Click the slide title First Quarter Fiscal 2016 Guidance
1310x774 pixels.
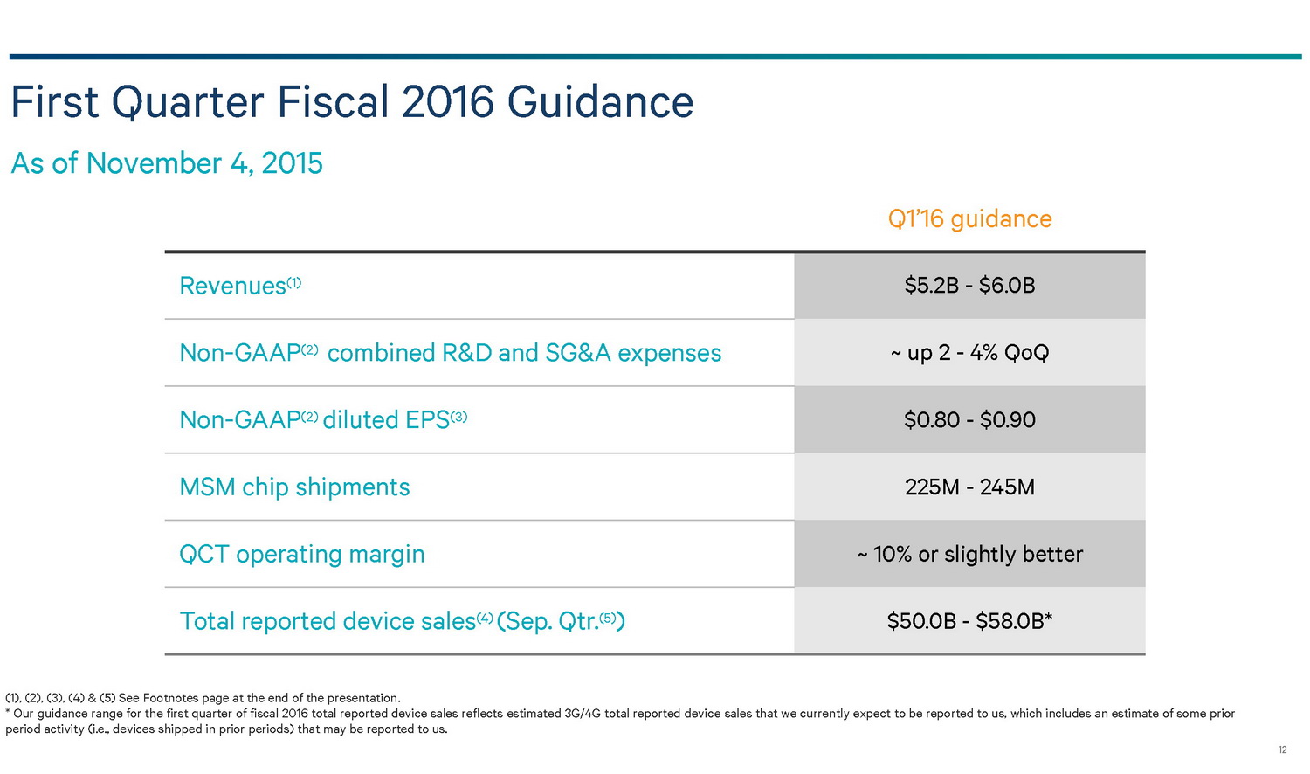352,102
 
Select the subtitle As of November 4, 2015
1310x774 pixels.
167,163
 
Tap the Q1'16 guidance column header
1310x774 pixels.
969,218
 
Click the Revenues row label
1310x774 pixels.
232,286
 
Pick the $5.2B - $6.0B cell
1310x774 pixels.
969,286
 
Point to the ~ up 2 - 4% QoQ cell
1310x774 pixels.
969,353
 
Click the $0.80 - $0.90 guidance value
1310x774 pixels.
969,420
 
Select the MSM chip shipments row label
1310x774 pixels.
294,487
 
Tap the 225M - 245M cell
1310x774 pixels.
969,487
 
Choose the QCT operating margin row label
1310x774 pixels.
301,555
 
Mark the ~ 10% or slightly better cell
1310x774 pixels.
969,555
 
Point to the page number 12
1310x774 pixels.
1282,750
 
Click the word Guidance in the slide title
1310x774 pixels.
600,102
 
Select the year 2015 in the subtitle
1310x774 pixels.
292,163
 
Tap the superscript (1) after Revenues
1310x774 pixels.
294,281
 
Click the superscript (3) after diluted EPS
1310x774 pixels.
458,416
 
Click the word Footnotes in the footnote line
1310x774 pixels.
173,698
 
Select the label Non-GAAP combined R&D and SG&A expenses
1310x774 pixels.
450,353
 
